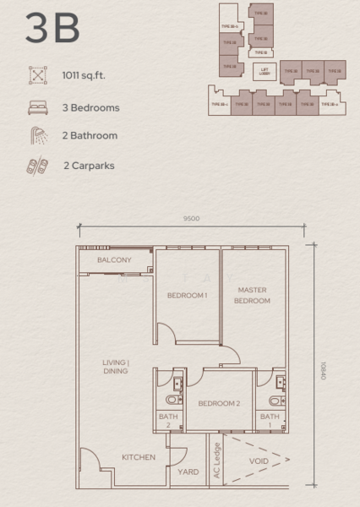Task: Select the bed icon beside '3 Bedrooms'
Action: tap(37, 107)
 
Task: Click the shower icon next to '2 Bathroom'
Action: tap(37, 135)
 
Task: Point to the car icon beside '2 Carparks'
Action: tap(37, 165)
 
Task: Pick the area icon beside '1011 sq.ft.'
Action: tap(37, 76)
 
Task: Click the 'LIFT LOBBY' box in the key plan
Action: tap(265, 72)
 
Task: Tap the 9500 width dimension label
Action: tap(191, 219)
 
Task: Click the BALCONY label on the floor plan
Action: tap(114, 260)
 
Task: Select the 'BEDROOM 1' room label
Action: tap(187, 295)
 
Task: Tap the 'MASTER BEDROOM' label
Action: tap(252, 295)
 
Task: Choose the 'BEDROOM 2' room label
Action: tap(219, 403)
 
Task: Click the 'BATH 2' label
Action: tap(167, 421)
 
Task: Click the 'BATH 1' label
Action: tap(270, 421)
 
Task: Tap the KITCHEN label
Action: tap(138, 457)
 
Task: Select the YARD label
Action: tap(188, 472)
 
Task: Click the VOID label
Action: tap(259, 461)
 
